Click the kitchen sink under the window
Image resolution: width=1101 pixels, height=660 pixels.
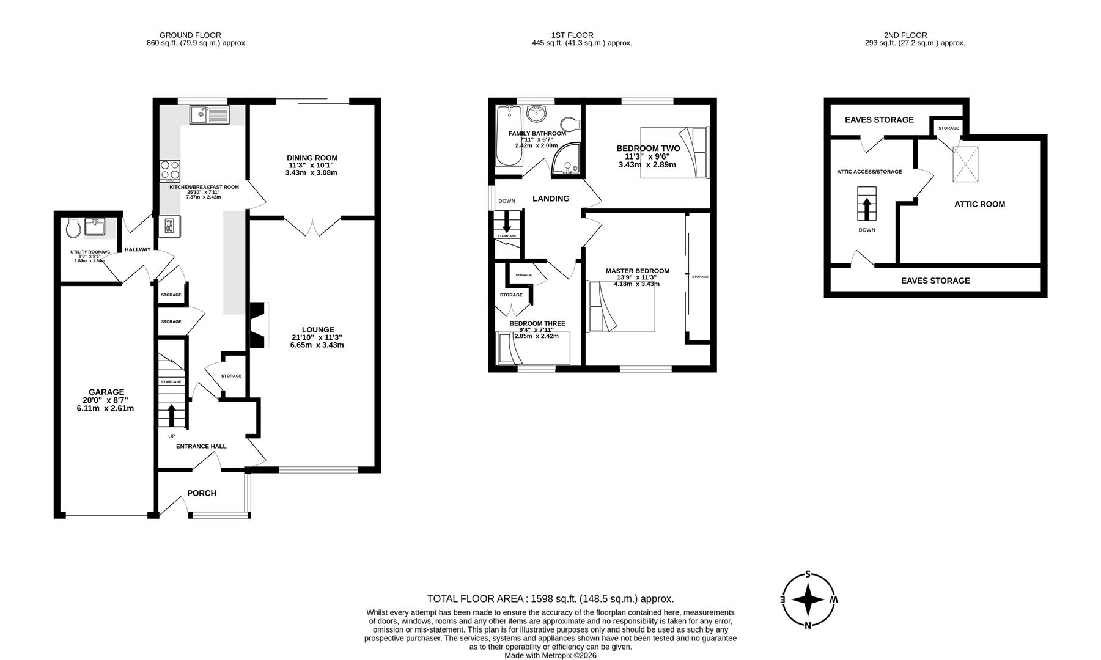[209, 115]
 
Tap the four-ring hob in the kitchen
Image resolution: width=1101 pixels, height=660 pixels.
[170, 170]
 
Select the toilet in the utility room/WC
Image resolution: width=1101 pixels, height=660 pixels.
[73, 229]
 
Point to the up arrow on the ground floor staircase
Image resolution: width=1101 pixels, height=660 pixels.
[171, 415]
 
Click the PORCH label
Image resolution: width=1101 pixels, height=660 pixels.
[202, 493]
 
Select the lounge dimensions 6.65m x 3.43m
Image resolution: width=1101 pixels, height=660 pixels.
[317, 345]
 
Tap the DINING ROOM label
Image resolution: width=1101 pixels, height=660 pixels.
[312, 158]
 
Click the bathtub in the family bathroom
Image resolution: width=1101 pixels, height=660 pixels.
[508, 136]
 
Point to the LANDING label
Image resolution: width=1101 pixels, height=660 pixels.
[551, 199]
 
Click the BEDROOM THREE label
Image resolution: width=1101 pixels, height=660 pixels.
[537, 323]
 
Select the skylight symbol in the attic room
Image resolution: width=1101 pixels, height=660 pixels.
[965, 164]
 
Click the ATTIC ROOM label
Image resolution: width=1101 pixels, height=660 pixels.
[979, 204]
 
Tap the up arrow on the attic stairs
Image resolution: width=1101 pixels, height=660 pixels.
[866, 208]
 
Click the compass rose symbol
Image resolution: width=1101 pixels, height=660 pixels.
[808, 599]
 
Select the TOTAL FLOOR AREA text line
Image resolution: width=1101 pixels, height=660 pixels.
[550, 599]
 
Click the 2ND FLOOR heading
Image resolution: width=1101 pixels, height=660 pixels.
[905, 35]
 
